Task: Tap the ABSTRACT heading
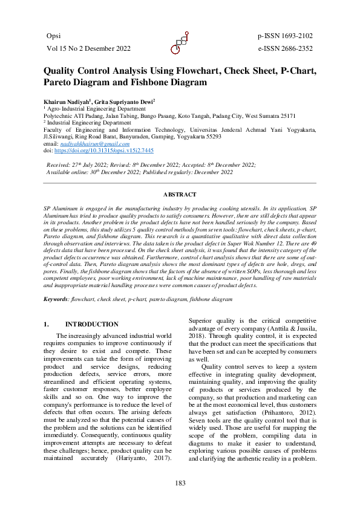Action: pyautogui.click(x=180, y=194)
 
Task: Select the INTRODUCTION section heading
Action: pyautogui.click(x=91, y=324)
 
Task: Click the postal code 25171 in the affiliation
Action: pyautogui.click(x=287, y=115)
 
